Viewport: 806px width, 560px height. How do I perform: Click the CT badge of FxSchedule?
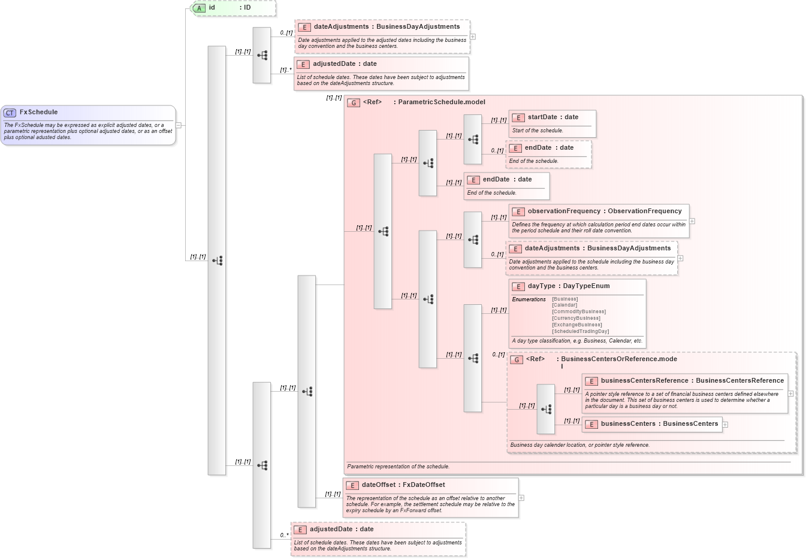(10, 113)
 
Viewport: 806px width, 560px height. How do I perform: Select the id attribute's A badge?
(200, 8)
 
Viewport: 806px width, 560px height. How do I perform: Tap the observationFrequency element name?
(563, 211)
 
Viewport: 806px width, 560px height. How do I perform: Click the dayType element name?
(541, 286)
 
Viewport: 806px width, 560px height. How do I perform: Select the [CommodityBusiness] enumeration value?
(578, 312)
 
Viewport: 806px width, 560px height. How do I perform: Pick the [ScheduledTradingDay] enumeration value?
(580, 332)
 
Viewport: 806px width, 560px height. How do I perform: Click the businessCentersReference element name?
(644, 381)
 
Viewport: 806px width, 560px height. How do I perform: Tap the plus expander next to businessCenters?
(725, 425)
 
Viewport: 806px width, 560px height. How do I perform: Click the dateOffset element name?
(378, 485)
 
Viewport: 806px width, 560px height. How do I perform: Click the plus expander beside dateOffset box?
(521, 498)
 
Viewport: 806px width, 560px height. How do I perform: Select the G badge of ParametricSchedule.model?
(354, 103)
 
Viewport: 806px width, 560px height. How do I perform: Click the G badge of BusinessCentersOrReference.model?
(517, 360)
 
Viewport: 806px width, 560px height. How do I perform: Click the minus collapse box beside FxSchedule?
(179, 125)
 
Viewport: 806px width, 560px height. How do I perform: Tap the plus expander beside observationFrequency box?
(692, 221)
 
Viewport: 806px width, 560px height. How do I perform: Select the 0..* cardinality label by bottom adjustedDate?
(285, 535)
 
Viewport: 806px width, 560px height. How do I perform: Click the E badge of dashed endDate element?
(515, 149)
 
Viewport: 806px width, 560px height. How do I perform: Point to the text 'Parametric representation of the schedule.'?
(398, 467)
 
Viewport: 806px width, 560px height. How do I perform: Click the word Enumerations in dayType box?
(529, 299)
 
